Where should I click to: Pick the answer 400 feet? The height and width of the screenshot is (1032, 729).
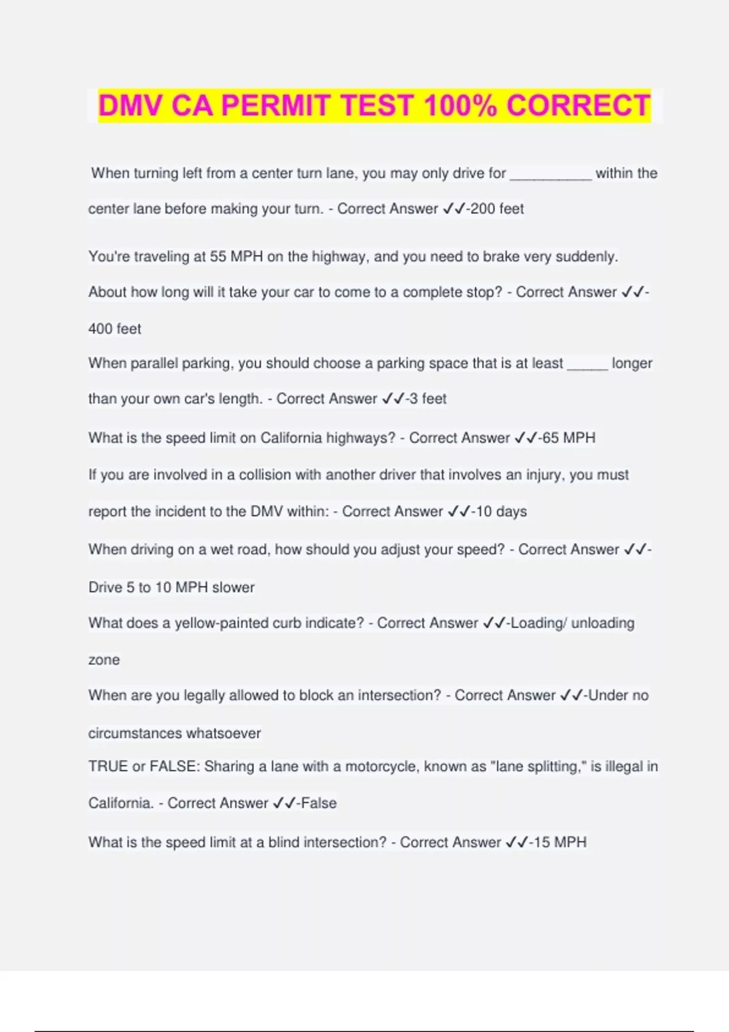pos(115,329)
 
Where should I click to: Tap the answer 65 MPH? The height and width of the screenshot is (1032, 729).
pos(569,438)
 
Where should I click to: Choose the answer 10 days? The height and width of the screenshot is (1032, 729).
pos(501,512)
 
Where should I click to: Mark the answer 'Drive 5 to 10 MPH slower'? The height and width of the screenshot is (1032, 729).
pos(171,588)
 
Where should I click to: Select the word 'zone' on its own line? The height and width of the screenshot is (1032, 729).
pos(104,660)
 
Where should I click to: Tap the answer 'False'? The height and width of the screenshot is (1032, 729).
pos(318,803)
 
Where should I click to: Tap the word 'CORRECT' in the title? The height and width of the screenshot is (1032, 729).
pos(578,106)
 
